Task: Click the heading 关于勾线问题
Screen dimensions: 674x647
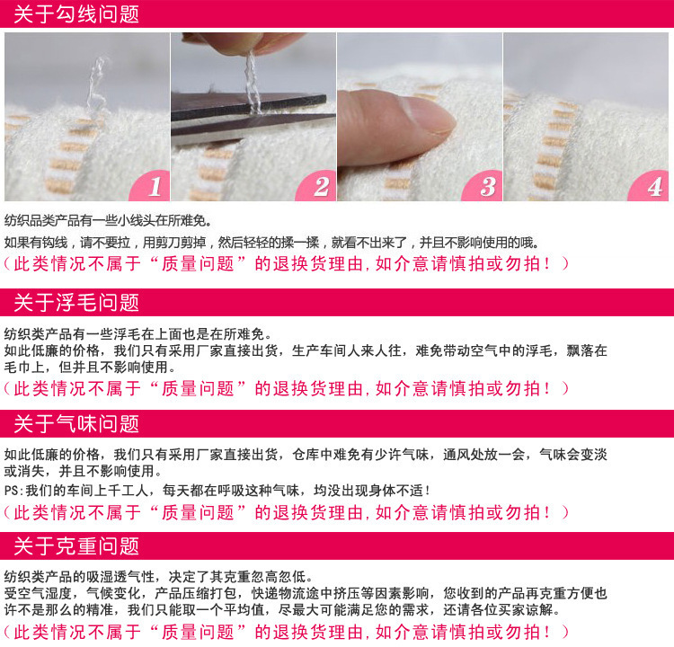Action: click(x=76, y=13)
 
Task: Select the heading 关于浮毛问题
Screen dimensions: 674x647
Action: click(x=76, y=303)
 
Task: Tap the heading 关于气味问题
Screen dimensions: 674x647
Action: click(x=76, y=424)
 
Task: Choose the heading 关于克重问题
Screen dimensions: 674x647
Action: click(x=76, y=546)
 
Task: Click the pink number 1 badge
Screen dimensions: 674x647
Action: click(x=151, y=187)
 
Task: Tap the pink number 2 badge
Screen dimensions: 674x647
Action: click(x=318, y=187)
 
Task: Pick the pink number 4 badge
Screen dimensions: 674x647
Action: click(x=651, y=187)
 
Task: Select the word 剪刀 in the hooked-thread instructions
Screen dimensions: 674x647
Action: click(x=167, y=243)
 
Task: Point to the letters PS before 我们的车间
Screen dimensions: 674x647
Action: click(x=11, y=491)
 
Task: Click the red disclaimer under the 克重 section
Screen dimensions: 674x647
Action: click(x=287, y=632)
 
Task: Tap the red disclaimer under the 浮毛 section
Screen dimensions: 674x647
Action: click(x=287, y=388)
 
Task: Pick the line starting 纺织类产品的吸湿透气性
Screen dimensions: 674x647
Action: click(x=159, y=577)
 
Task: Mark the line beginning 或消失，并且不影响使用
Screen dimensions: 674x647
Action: click(x=84, y=471)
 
